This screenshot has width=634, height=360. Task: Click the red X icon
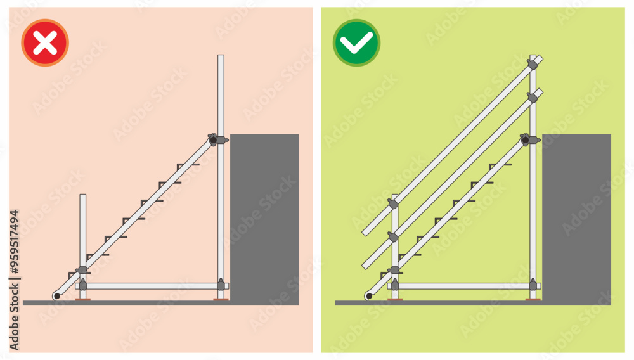45,43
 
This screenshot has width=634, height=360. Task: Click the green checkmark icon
357,43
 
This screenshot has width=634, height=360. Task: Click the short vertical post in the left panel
82,228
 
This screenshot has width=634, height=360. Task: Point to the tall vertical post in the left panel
221,95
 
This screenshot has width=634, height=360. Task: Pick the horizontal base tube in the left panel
152,286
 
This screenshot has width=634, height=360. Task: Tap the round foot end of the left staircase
56,296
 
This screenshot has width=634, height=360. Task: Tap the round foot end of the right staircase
368,296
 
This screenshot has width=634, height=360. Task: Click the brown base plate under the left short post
83,300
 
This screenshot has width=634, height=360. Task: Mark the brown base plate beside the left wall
221,300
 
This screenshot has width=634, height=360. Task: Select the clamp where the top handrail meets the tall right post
533,64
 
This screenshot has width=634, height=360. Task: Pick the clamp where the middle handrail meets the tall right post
533,98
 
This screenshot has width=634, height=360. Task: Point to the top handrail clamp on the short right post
393,203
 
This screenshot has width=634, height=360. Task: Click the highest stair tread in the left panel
188,165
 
